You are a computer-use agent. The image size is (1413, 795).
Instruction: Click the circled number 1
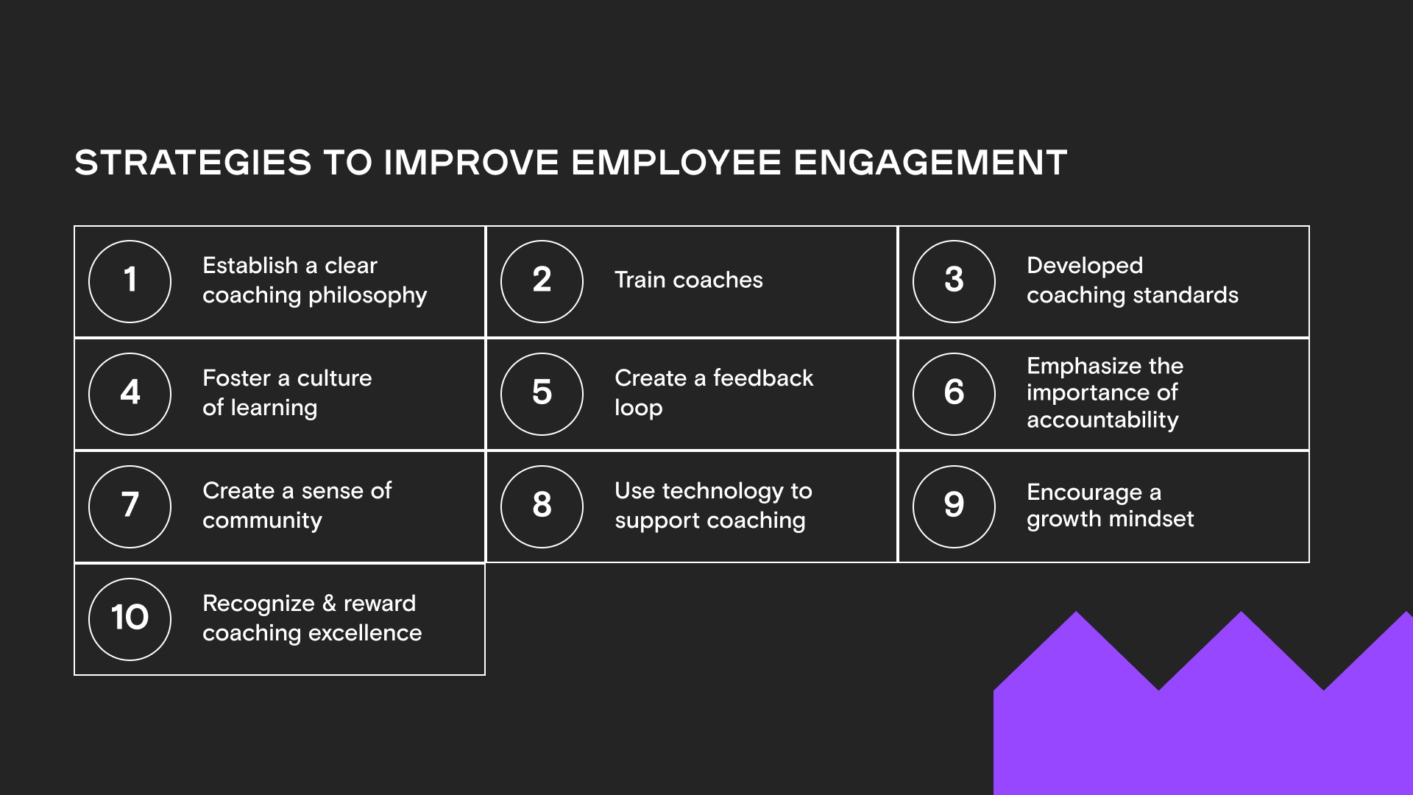[x=130, y=281]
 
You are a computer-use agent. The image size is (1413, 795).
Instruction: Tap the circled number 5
[x=542, y=394]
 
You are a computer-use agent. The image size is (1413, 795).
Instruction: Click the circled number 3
[x=955, y=281]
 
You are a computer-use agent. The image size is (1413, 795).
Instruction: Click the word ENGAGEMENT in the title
[x=930, y=163]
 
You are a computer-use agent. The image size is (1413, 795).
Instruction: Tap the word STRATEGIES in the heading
[x=193, y=163]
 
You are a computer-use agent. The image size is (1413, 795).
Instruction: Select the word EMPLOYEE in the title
[x=676, y=163]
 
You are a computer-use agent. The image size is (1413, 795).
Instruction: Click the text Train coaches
[x=688, y=280]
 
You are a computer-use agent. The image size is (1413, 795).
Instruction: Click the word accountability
[x=1102, y=420]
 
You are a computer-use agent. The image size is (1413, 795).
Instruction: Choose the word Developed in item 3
[x=1085, y=266]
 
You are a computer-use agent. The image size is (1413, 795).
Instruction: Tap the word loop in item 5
[x=638, y=409]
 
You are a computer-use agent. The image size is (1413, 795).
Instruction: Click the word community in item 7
[x=262, y=520]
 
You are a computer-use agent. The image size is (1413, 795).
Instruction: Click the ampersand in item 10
[x=329, y=604]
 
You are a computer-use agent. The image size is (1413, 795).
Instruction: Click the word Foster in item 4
[x=236, y=378]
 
